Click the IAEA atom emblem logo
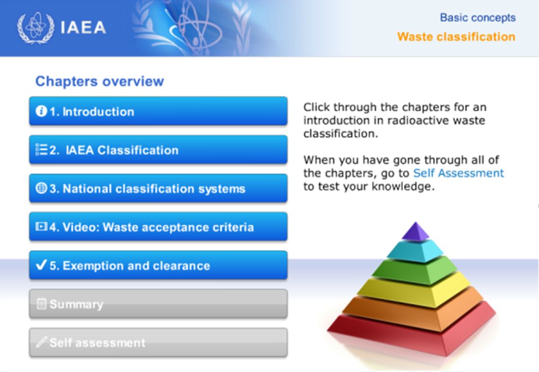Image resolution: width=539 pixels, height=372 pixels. [36, 28]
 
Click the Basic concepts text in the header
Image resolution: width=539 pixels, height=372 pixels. [478, 17]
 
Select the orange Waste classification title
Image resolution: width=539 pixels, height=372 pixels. [456, 36]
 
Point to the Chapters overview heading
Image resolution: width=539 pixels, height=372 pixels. [100, 81]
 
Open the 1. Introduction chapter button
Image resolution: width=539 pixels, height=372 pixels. [158, 111]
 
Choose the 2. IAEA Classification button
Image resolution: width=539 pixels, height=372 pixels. [158, 149]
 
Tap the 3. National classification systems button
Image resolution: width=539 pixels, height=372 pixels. [158, 188]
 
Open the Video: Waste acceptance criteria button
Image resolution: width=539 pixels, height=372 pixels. [158, 226]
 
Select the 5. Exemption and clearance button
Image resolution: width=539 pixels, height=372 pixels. [158, 265]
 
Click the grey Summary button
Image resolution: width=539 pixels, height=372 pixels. [158, 303]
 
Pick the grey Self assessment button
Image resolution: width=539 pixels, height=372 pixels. [158, 342]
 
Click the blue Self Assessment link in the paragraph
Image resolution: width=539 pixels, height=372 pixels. [458, 173]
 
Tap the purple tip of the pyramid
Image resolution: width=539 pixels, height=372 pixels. [416, 232]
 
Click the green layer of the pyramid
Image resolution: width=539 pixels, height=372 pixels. [415, 270]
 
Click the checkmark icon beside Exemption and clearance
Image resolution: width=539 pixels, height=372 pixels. [41, 265]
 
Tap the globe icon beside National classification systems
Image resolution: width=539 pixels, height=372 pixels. [41, 188]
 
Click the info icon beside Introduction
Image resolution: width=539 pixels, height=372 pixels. [41, 111]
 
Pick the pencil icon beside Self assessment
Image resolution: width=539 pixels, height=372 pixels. [41, 342]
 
